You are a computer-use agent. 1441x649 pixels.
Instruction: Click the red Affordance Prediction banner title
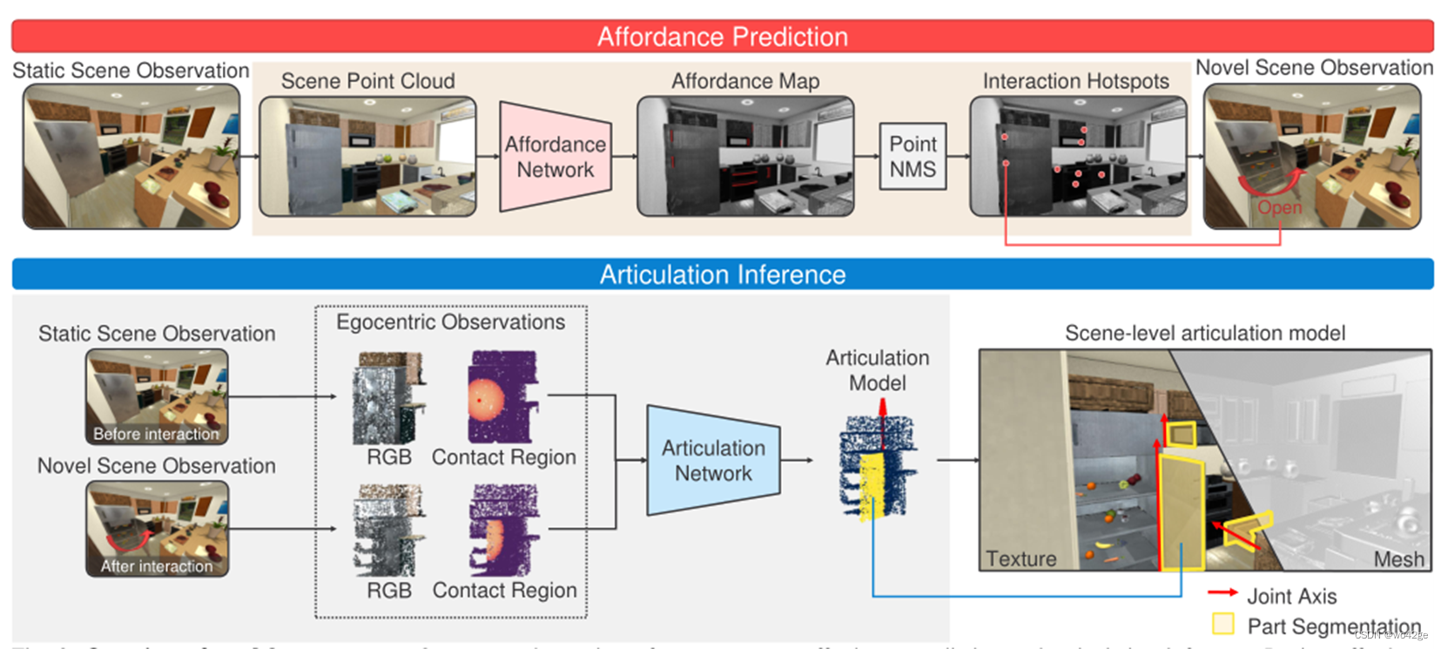[x=722, y=37]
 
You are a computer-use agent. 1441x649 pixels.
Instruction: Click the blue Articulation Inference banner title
[x=722, y=274]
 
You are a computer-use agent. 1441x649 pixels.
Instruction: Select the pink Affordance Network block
[x=555, y=157]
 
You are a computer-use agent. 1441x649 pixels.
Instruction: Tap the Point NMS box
[x=912, y=157]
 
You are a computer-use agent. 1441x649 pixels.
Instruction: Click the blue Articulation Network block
[x=712, y=460]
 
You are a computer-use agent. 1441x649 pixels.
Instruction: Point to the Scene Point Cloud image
[x=367, y=157]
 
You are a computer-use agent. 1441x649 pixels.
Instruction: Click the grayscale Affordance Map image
[x=745, y=157]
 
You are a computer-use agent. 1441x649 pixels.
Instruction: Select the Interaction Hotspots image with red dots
[x=1078, y=157]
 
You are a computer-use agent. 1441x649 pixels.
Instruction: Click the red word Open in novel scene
[x=1279, y=207]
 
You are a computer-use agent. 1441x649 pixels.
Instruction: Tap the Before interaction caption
[x=157, y=434]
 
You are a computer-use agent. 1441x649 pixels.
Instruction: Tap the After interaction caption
[x=157, y=566]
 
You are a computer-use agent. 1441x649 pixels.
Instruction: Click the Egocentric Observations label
[x=450, y=322]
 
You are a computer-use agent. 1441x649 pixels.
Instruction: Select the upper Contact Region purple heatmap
[x=502, y=396]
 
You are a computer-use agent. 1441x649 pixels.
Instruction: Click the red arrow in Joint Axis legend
[x=1222, y=592]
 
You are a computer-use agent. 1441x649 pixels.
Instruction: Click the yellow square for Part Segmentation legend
[x=1222, y=624]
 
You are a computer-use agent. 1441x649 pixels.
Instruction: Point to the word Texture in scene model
[x=1020, y=558]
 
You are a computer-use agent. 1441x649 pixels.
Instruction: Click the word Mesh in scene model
[x=1398, y=559]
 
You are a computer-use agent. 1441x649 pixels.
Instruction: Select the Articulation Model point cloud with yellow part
[x=875, y=466]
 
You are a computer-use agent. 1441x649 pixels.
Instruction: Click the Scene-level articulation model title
[x=1204, y=333]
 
